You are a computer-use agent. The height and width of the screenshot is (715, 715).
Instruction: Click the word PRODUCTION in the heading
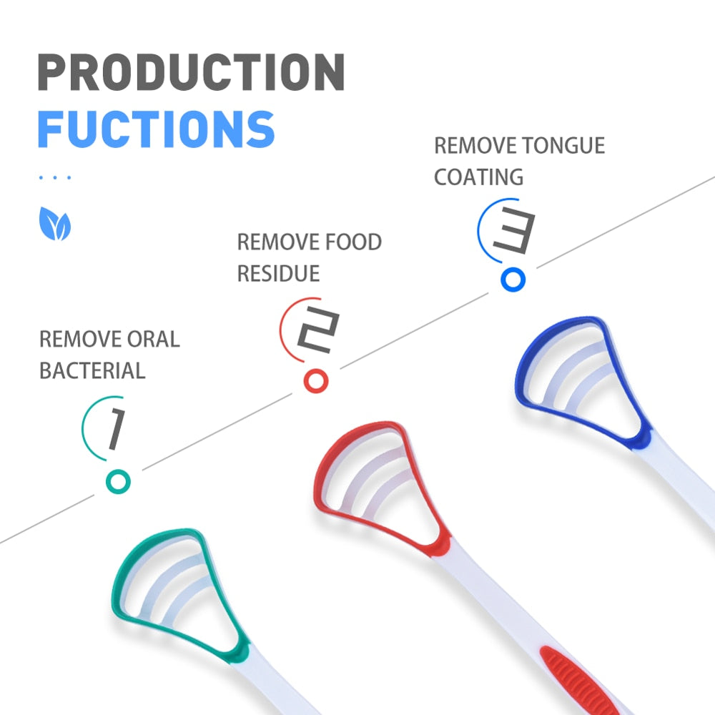[191, 72]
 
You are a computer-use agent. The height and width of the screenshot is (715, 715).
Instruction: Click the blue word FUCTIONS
[156, 129]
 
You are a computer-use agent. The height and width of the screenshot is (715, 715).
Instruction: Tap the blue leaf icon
[55, 224]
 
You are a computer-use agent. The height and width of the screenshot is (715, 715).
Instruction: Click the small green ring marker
[118, 482]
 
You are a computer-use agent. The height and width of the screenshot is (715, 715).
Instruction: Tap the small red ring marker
[316, 380]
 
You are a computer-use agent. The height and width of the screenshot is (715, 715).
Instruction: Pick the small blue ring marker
[513, 280]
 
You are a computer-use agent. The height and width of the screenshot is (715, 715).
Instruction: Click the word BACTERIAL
[92, 370]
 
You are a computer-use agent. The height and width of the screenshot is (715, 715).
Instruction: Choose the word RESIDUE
[278, 273]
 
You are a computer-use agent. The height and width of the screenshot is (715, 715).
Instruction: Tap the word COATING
[478, 177]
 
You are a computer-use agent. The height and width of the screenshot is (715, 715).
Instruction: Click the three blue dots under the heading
[54, 177]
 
